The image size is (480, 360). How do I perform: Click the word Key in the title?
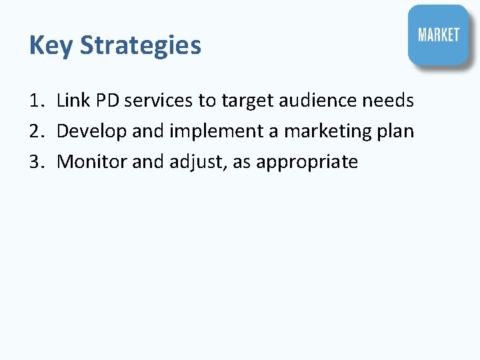51,45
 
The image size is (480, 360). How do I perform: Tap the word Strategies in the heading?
140,45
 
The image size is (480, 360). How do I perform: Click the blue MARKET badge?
438,35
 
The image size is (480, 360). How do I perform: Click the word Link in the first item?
73,101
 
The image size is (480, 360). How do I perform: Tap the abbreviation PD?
107,101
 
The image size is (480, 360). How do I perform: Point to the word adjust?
199,162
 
